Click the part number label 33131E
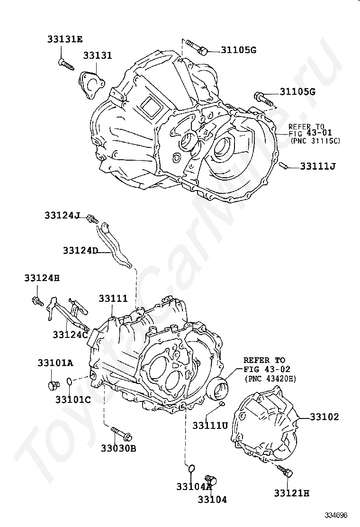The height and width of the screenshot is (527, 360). pos(65,39)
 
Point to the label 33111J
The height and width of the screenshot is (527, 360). pos(318,166)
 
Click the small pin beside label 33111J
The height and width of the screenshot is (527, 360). pos(284,165)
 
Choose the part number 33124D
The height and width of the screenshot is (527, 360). pos(80,250)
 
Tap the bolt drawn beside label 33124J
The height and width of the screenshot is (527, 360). pos(92,219)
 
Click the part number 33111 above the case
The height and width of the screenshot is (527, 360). pos(113,298)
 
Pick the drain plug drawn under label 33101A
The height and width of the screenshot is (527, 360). pos(54,384)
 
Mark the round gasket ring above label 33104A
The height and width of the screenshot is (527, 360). pos(190,469)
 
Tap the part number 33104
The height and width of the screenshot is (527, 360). pos(212,499)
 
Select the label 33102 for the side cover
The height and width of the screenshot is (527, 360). pos(325,417)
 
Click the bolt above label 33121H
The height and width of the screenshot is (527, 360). pos(285,471)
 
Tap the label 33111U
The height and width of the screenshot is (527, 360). pos(210,426)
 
